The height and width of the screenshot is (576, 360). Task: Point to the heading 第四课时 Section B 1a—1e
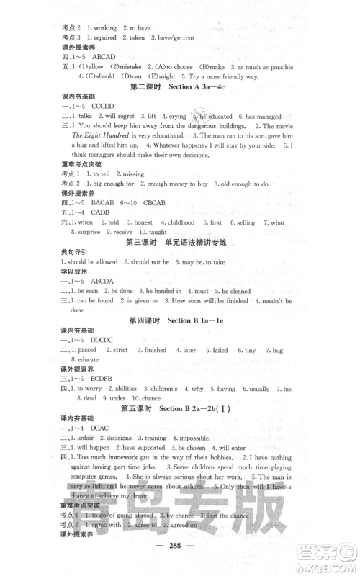[179, 319]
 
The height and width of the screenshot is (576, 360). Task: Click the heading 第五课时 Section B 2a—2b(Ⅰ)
[179, 409]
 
